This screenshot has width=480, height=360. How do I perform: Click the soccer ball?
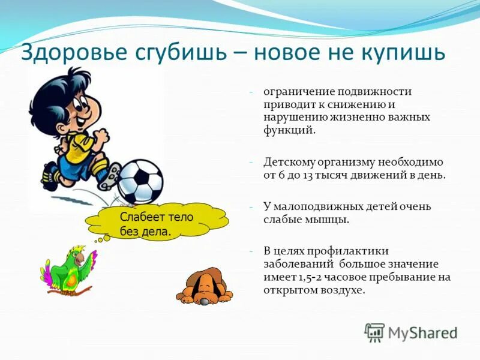(x=140, y=181)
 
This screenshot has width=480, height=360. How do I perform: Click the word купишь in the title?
(x=401, y=53)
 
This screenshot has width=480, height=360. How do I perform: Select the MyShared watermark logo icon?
(x=374, y=332)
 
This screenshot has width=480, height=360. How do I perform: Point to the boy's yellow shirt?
(x=79, y=145)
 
